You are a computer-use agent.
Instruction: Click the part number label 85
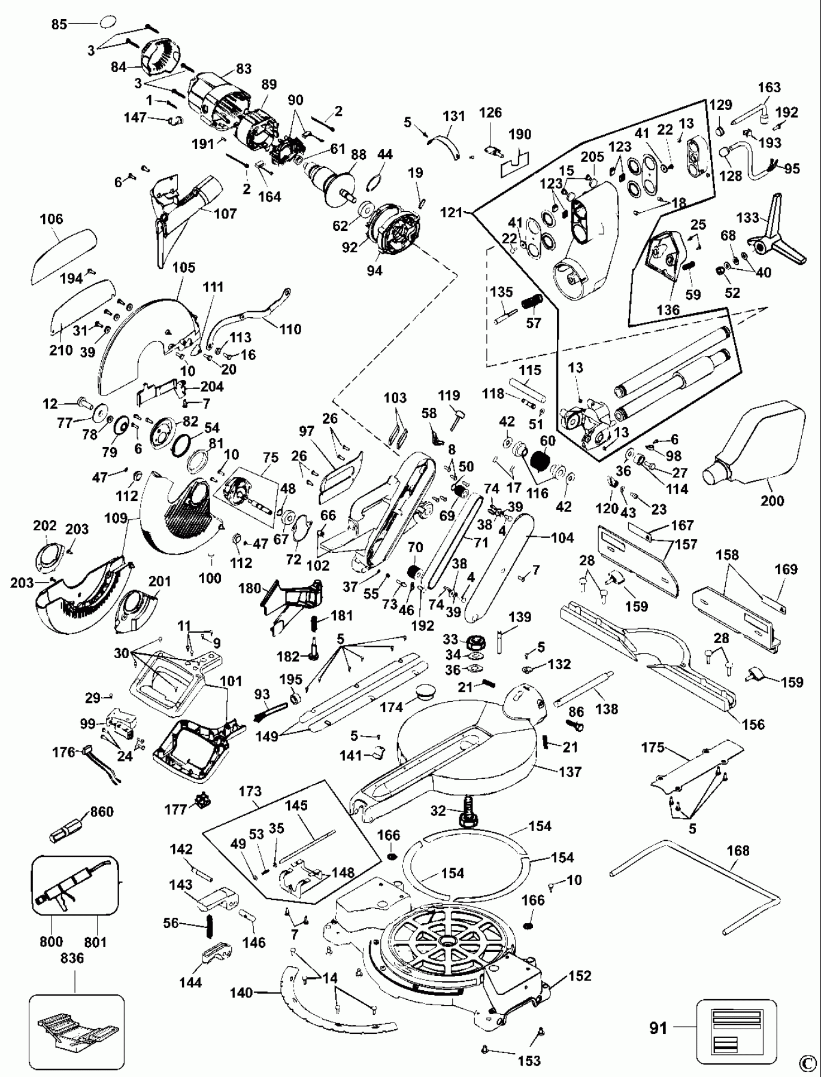point(59,25)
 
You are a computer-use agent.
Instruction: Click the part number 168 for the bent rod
point(738,850)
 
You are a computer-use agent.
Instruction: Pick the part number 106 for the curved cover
point(51,219)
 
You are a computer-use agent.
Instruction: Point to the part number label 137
point(569,772)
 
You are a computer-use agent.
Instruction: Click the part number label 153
point(529,1061)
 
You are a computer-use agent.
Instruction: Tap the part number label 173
point(250,791)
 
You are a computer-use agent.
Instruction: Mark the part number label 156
point(753,724)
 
